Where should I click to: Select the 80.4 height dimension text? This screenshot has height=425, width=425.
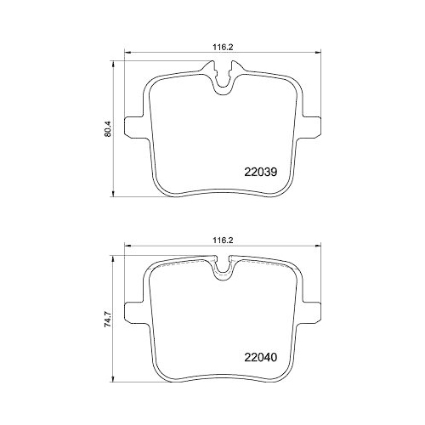[106, 129]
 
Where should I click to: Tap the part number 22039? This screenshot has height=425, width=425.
[262, 170]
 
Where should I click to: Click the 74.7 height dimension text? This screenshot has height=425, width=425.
[106, 318]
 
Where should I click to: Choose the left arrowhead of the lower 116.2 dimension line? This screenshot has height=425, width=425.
[128, 248]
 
